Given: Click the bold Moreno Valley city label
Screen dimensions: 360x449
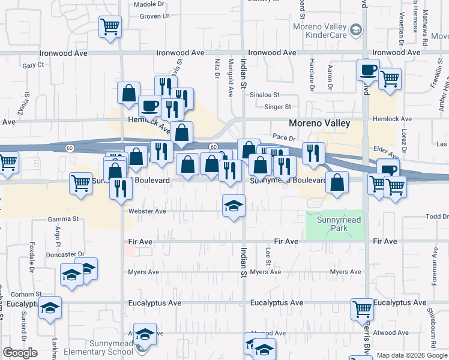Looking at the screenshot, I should click(x=319, y=123).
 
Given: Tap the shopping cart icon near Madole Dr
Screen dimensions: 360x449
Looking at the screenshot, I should click(x=110, y=26).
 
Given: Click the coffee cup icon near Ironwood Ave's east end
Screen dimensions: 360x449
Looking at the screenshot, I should click(x=368, y=70).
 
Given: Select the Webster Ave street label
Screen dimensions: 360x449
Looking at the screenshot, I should click(x=146, y=211).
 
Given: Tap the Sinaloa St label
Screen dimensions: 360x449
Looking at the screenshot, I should click(x=264, y=95).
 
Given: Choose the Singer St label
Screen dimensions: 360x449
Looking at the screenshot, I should click(x=278, y=107).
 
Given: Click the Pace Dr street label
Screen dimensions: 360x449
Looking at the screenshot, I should click(x=284, y=137).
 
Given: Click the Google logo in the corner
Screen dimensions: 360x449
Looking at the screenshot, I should click(x=20, y=353).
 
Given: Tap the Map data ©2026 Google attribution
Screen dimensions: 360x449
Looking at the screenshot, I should click(x=412, y=355).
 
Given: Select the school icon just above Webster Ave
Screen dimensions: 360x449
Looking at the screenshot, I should click(x=234, y=206).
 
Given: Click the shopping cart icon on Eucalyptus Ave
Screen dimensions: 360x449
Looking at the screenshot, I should click(x=362, y=309).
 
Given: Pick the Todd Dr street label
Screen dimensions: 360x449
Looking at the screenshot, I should click(x=436, y=217).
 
